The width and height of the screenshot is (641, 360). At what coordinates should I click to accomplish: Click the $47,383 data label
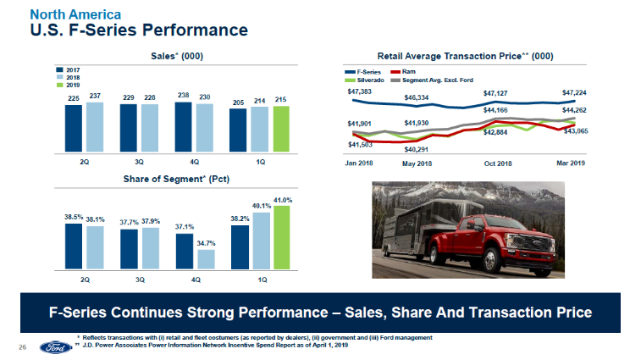pos(360,90)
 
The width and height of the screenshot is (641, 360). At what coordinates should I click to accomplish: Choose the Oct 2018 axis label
pos(498,163)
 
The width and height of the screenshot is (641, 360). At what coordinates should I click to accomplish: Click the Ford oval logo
pos(52,347)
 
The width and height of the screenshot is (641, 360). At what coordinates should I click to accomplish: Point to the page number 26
pos(23,347)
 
